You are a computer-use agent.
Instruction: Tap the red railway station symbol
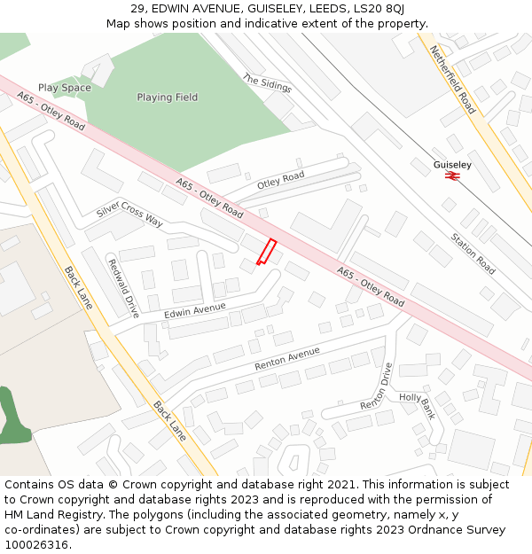[451, 176]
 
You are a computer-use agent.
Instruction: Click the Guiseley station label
[452, 165]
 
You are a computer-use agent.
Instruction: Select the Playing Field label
[168, 98]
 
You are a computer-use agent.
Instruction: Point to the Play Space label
[65, 88]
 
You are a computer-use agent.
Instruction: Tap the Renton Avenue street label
[286, 358]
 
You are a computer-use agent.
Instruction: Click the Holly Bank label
[417, 406]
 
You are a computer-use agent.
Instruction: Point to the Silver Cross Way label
[129, 215]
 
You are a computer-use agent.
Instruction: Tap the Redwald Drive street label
[123, 287]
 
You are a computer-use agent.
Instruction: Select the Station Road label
[473, 252]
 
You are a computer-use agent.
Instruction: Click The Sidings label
[267, 83]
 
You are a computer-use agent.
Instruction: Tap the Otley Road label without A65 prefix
[280, 180]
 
